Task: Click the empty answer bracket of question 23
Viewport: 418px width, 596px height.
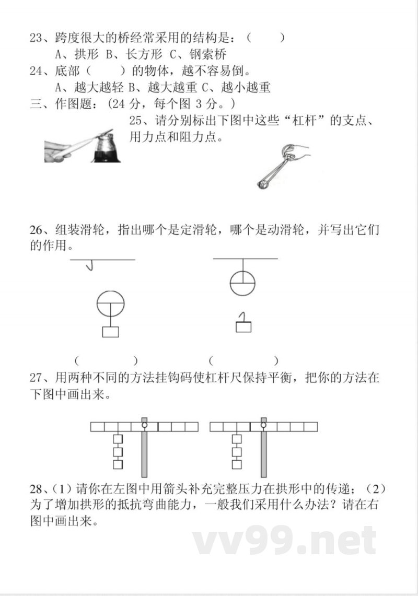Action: (266, 38)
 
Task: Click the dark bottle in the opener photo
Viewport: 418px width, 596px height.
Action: (107, 148)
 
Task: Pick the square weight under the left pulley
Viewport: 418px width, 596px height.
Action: (111, 332)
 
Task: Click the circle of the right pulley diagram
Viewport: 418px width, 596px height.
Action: (242, 282)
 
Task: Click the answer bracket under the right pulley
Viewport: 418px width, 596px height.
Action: (243, 360)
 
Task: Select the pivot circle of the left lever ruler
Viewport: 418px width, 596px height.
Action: (145, 426)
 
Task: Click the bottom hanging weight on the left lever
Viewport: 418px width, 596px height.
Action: (118, 464)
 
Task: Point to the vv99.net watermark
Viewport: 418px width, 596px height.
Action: (284, 541)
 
